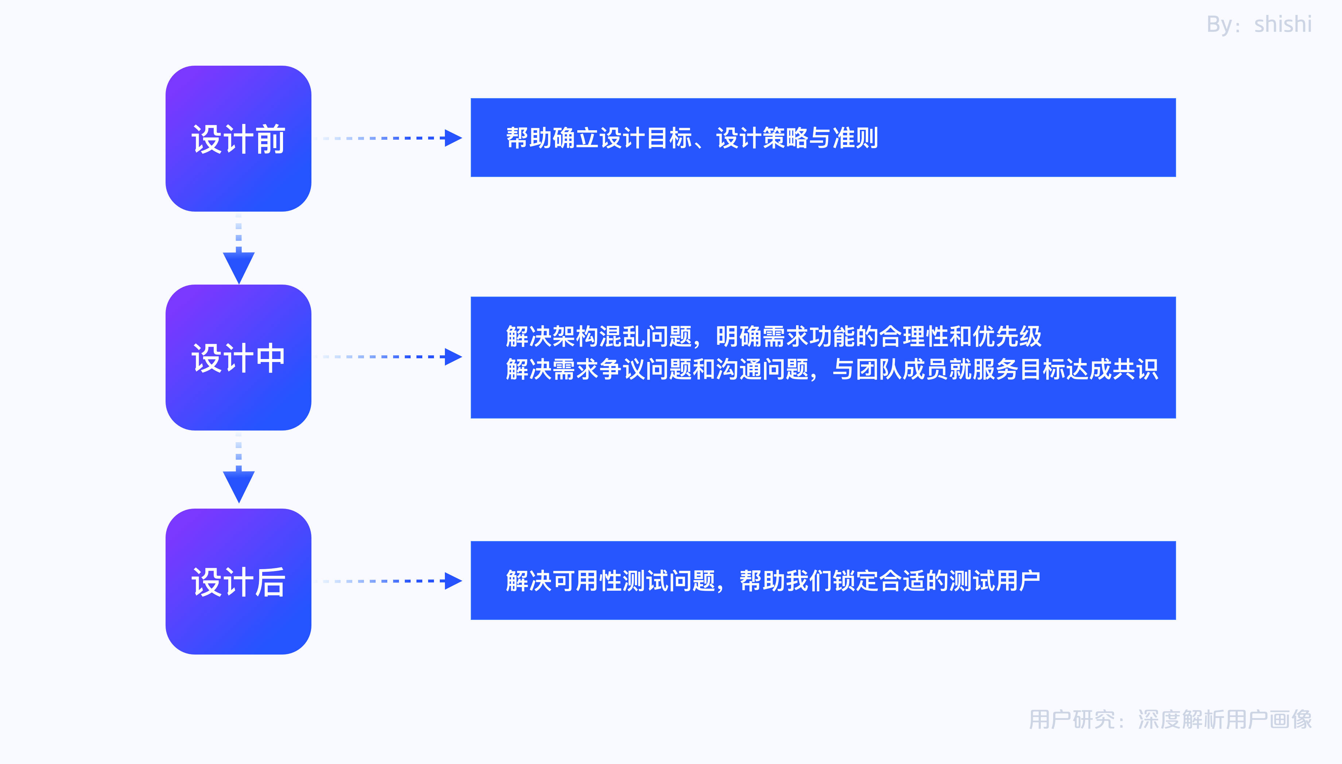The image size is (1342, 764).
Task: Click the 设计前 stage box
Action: [x=238, y=139]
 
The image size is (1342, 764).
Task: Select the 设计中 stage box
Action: [x=238, y=357]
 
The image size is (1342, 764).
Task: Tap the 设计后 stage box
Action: [x=238, y=582]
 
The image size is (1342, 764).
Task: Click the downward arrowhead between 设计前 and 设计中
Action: [x=238, y=267]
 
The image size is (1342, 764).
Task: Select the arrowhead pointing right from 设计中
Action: [x=453, y=357]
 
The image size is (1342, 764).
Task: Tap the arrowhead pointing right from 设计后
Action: [x=453, y=581]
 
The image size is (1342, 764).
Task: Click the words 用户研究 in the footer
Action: [x=1072, y=719]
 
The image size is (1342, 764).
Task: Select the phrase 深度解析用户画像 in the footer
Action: [x=1225, y=719]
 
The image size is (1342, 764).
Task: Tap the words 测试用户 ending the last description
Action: [x=995, y=581]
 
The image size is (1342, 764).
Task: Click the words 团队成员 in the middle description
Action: [x=902, y=369]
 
